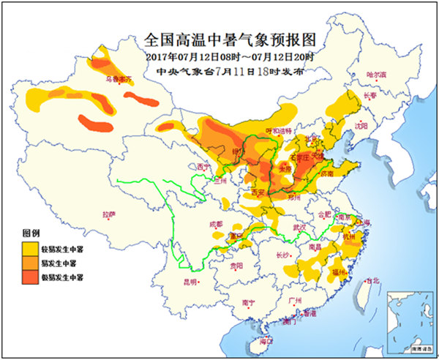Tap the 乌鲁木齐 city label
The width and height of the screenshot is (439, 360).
tap(119, 76)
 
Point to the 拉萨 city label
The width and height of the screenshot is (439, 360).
tap(110, 214)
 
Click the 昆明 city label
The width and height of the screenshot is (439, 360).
tap(191, 281)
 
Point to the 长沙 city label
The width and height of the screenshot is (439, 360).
tap(282, 255)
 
